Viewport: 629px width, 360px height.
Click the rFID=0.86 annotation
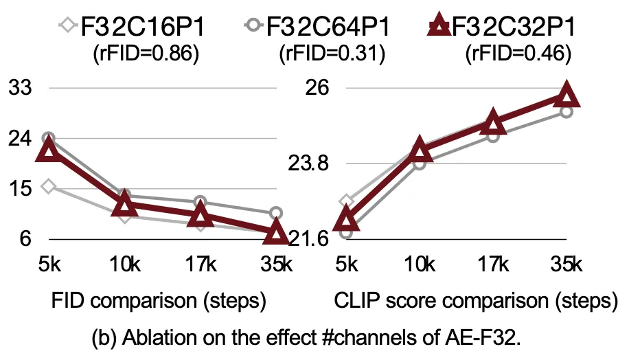click(146, 53)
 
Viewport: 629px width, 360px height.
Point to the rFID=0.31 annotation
click(330, 53)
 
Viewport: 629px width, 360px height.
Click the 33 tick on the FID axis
click(21, 88)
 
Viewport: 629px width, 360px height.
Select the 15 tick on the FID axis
click(21, 188)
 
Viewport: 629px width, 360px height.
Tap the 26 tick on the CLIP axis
click(319, 88)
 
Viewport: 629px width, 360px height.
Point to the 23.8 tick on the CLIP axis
click(310, 164)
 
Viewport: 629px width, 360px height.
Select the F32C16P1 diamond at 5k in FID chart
click(47, 186)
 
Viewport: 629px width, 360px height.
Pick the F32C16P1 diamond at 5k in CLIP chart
click(347, 201)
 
